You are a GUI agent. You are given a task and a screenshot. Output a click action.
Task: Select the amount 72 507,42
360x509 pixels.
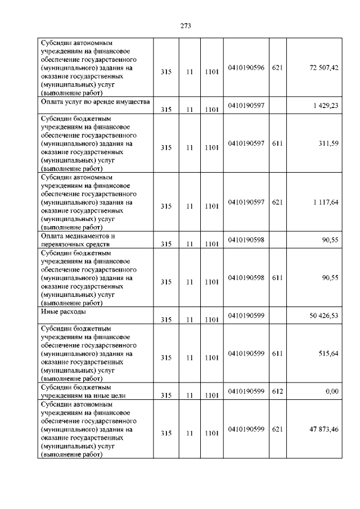click(x=323, y=67)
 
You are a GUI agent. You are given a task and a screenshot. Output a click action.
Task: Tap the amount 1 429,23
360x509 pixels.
click(x=325, y=106)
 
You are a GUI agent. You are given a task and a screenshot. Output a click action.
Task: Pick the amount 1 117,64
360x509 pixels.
click(x=325, y=202)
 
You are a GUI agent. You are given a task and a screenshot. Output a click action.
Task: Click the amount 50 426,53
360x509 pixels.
click(x=323, y=316)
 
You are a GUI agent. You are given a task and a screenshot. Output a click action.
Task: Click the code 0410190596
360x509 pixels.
click(x=246, y=67)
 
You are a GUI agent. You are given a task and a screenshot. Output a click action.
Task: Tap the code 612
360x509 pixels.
click(x=277, y=391)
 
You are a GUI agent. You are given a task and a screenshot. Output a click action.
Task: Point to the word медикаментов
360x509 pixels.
click(x=89, y=236)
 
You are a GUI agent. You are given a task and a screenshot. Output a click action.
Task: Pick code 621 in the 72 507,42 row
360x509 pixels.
click(x=277, y=67)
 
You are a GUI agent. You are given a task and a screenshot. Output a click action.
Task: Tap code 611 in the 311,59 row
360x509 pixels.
click(x=277, y=143)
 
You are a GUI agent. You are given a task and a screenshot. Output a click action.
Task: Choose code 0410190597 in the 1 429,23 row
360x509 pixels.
click(x=246, y=106)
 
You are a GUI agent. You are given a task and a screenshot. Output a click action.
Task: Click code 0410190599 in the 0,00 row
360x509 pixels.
click(x=246, y=391)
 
